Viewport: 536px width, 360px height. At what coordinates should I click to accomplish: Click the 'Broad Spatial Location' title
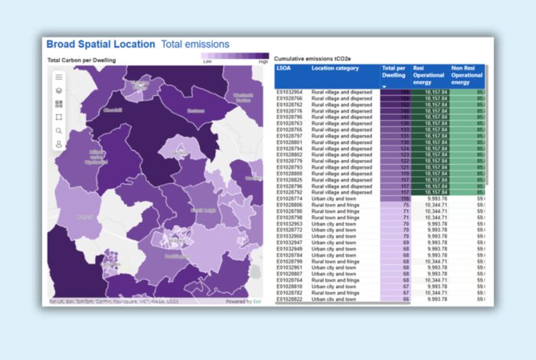pos(100,44)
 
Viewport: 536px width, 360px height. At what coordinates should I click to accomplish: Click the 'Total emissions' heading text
pos(194,44)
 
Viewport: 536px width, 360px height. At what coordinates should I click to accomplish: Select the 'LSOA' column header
pos(284,68)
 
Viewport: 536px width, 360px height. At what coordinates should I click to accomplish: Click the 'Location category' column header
pos(335,68)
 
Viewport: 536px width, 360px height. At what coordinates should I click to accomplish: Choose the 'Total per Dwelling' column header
pos(394,72)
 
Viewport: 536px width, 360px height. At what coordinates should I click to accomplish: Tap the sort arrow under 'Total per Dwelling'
pos(384,87)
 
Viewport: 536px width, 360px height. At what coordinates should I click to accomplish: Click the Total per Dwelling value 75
pos(406,205)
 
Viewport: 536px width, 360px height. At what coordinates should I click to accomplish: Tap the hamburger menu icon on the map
pos(59,77)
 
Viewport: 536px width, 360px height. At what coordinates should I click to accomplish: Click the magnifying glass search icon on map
pos(59,130)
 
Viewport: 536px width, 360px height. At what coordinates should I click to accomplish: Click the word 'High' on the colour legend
pos(263,61)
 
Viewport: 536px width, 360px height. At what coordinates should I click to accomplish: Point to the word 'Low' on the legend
pos(208,61)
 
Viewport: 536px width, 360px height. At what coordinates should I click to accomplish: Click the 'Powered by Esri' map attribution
pos(244,301)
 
